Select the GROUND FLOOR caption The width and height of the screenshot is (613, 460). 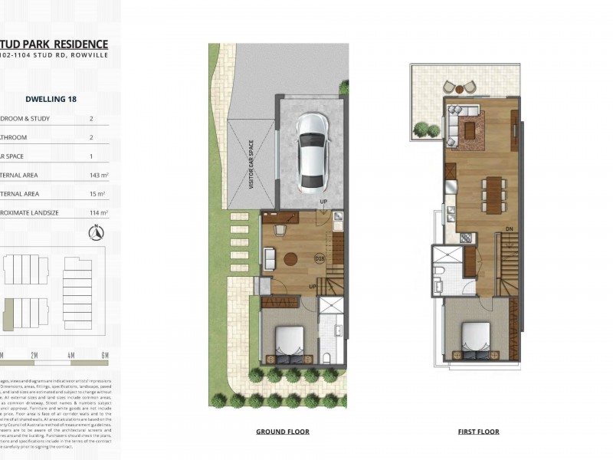(x=283, y=432)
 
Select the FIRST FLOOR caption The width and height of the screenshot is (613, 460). (x=479, y=432)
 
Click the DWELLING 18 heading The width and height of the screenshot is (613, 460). (x=51, y=99)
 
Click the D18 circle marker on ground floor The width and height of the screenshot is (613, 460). (x=320, y=259)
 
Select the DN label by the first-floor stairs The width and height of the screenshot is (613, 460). (x=510, y=228)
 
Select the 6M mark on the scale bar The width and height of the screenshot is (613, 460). (x=105, y=355)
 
